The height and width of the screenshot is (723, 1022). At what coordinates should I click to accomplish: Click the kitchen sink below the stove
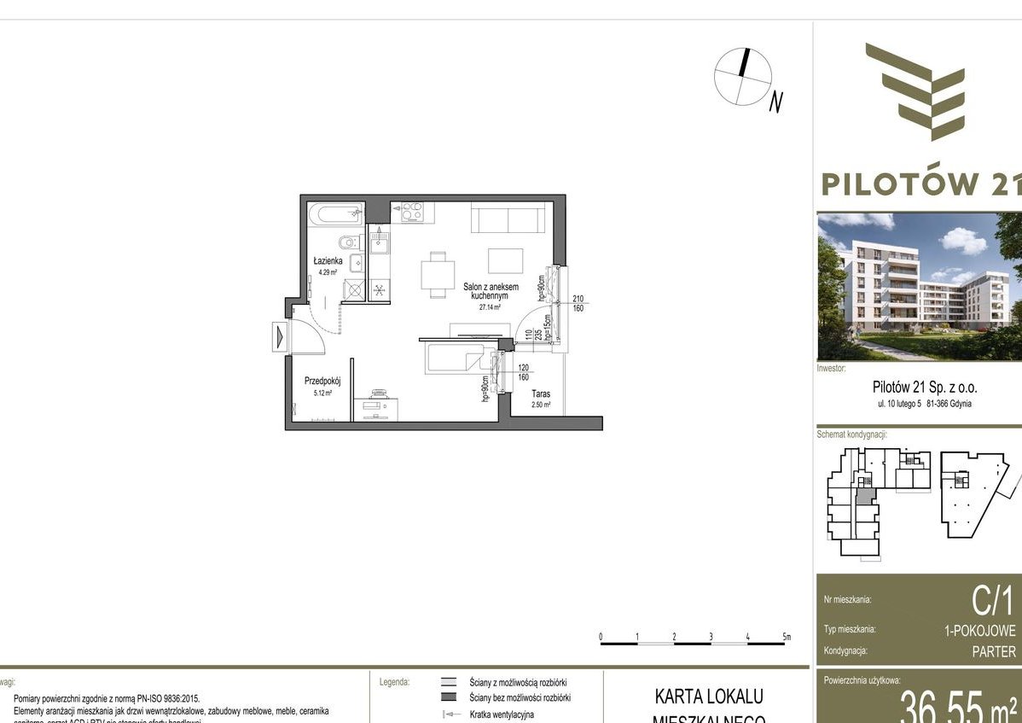[379, 244]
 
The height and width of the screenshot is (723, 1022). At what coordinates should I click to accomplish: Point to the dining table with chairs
[438, 275]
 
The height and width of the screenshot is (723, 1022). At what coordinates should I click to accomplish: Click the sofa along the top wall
[508, 219]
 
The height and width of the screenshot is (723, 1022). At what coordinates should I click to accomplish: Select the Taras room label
[541, 394]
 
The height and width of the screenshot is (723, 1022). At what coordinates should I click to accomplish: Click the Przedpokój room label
[322, 382]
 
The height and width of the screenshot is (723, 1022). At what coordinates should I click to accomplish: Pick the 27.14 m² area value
[489, 307]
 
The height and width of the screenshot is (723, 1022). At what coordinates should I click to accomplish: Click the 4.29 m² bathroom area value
[327, 272]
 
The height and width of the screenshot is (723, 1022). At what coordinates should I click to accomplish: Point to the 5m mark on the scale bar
[787, 637]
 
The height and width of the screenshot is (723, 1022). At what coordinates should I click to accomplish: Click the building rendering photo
[919, 286]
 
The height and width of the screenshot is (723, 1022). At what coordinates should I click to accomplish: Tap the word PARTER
[994, 652]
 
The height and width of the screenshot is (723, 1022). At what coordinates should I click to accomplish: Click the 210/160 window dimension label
[578, 303]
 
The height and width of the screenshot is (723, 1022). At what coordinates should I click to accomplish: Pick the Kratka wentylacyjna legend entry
[502, 714]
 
